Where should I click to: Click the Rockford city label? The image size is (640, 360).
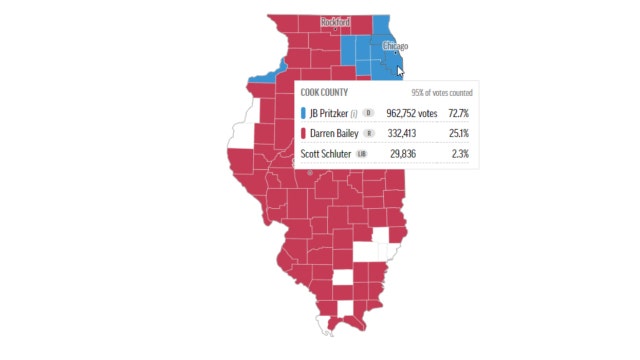tap(335, 22)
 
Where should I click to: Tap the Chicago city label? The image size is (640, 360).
tap(395, 46)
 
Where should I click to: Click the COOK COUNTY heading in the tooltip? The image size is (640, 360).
tap(325, 92)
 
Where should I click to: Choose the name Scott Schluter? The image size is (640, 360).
tap(326, 154)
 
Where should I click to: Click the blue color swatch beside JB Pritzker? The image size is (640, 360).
tap(303, 113)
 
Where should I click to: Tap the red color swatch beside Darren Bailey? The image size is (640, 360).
tap(303, 134)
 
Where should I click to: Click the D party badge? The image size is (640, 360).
tap(368, 113)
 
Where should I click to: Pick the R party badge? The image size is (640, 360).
tap(369, 134)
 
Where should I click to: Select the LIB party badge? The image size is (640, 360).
tap(362, 154)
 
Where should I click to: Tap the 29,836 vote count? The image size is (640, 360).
tap(402, 154)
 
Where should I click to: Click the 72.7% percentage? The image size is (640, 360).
tap(459, 113)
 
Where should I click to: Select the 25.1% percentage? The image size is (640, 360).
tap(459, 134)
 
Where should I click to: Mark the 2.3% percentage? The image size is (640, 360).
tap(461, 154)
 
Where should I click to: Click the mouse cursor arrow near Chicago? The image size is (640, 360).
tap(400, 72)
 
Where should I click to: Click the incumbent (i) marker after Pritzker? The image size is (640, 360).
tap(354, 113)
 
